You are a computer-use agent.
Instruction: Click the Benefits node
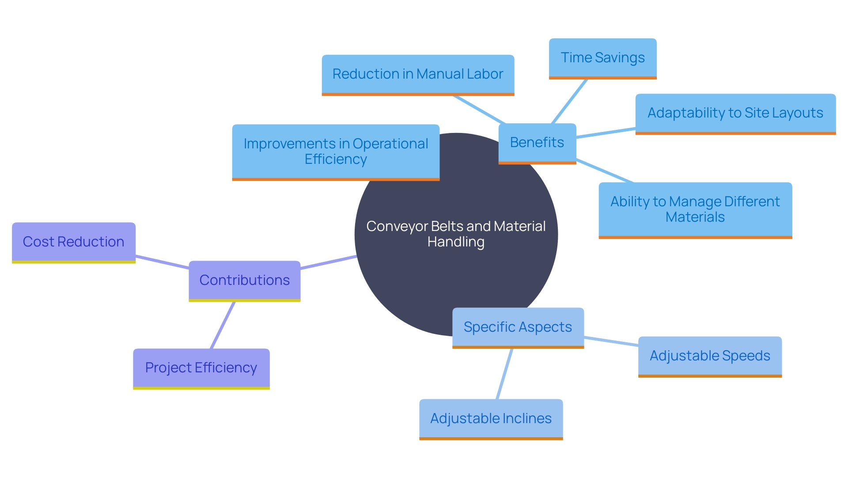(537, 143)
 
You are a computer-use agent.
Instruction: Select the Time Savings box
(602, 58)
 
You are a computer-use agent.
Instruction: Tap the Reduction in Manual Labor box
(418, 74)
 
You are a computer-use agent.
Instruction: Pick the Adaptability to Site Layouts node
(735, 113)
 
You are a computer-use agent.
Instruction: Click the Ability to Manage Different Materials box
(695, 209)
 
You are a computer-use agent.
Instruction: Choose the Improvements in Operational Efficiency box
(336, 151)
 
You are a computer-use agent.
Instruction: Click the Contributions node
(244, 280)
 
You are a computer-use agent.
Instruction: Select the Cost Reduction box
(73, 242)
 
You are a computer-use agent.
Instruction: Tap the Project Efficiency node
(201, 368)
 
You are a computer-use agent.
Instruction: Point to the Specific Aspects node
(518, 327)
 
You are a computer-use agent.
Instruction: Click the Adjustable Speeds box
(710, 356)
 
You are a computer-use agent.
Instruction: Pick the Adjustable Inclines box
(491, 419)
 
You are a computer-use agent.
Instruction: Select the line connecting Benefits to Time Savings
(570, 101)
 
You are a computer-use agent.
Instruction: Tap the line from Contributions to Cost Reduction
(163, 262)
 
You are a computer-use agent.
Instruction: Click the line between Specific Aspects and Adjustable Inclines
(505, 374)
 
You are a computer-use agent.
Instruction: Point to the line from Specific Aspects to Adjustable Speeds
(611, 341)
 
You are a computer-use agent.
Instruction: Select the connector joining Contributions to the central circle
(328, 262)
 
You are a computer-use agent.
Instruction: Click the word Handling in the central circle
(456, 242)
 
